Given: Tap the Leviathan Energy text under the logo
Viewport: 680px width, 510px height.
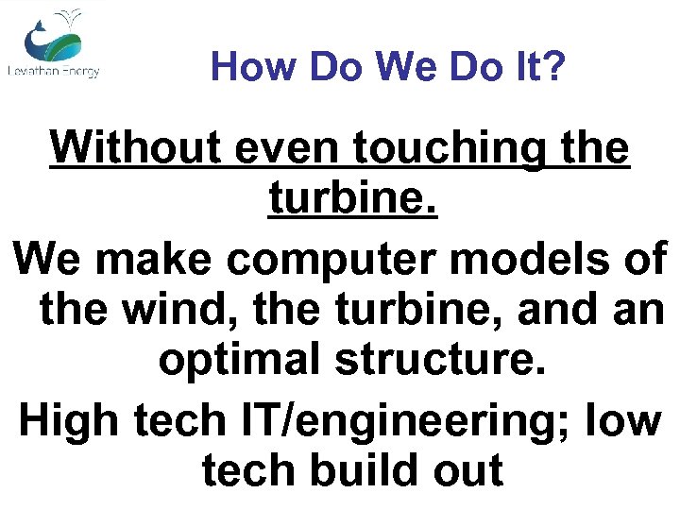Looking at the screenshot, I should pyautogui.click(x=53, y=72).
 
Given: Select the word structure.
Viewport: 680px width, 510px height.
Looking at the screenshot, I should pyautogui.click(x=444, y=362).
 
